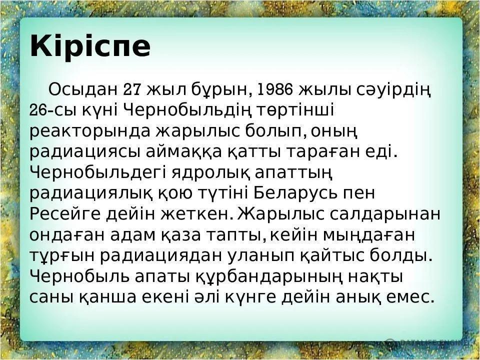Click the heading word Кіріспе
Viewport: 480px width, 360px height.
(x=90, y=46)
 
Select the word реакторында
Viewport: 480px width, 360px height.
(x=90, y=132)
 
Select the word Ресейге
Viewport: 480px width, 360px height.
(x=65, y=214)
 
